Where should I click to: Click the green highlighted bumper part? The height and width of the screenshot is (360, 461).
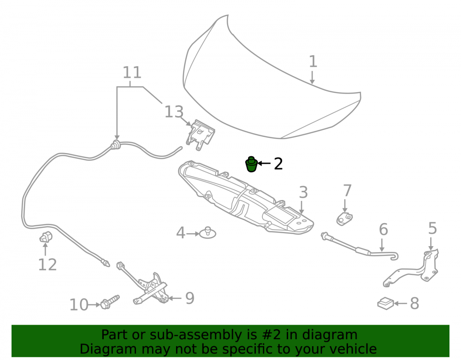coord(251,164)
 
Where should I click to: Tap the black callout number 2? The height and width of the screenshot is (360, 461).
coord(278,164)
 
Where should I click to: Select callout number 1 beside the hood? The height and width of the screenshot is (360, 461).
coord(313,61)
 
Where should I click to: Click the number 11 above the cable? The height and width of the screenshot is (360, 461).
coord(132,72)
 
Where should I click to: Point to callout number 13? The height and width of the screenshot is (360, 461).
coord(174,112)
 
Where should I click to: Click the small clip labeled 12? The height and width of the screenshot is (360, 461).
coord(46,237)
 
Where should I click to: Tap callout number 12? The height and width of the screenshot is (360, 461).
coord(47,265)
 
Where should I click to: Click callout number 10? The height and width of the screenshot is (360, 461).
coord(79,305)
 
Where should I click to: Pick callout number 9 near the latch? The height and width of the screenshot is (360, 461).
coord(189,298)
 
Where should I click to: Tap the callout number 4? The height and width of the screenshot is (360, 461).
coord(181,233)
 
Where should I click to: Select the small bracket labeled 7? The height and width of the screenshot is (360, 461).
coord(344,218)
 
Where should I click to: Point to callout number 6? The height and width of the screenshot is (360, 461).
coord(383,229)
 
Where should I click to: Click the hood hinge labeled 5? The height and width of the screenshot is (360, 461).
coord(411,268)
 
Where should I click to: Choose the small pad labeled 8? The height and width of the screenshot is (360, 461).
coord(385,303)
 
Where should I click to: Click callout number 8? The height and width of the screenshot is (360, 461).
coord(414,303)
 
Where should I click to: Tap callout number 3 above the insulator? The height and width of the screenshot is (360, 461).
coord(303,192)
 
